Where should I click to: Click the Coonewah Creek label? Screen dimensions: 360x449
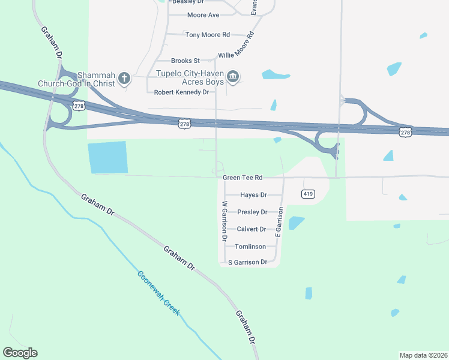point(159,293)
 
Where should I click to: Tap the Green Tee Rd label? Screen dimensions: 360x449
point(243,178)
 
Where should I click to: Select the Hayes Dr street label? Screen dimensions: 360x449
point(253,195)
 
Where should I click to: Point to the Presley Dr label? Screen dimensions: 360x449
point(252,212)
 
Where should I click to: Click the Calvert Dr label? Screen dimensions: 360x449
point(252,229)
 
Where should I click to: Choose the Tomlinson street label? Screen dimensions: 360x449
point(250,247)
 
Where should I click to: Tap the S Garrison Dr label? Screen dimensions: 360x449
point(247,262)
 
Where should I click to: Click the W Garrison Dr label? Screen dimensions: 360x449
point(224,224)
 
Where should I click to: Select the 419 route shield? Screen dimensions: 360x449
point(308,194)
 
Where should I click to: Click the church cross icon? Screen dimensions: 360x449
point(124,77)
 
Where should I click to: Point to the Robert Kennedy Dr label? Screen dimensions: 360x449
point(181,92)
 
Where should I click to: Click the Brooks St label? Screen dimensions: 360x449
point(185,61)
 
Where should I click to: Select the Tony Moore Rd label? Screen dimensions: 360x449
point(208,35)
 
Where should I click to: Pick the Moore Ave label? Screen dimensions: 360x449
point(203,15)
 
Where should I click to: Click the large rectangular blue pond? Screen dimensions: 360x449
point(108,157)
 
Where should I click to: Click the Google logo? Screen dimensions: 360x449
point(20,353)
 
